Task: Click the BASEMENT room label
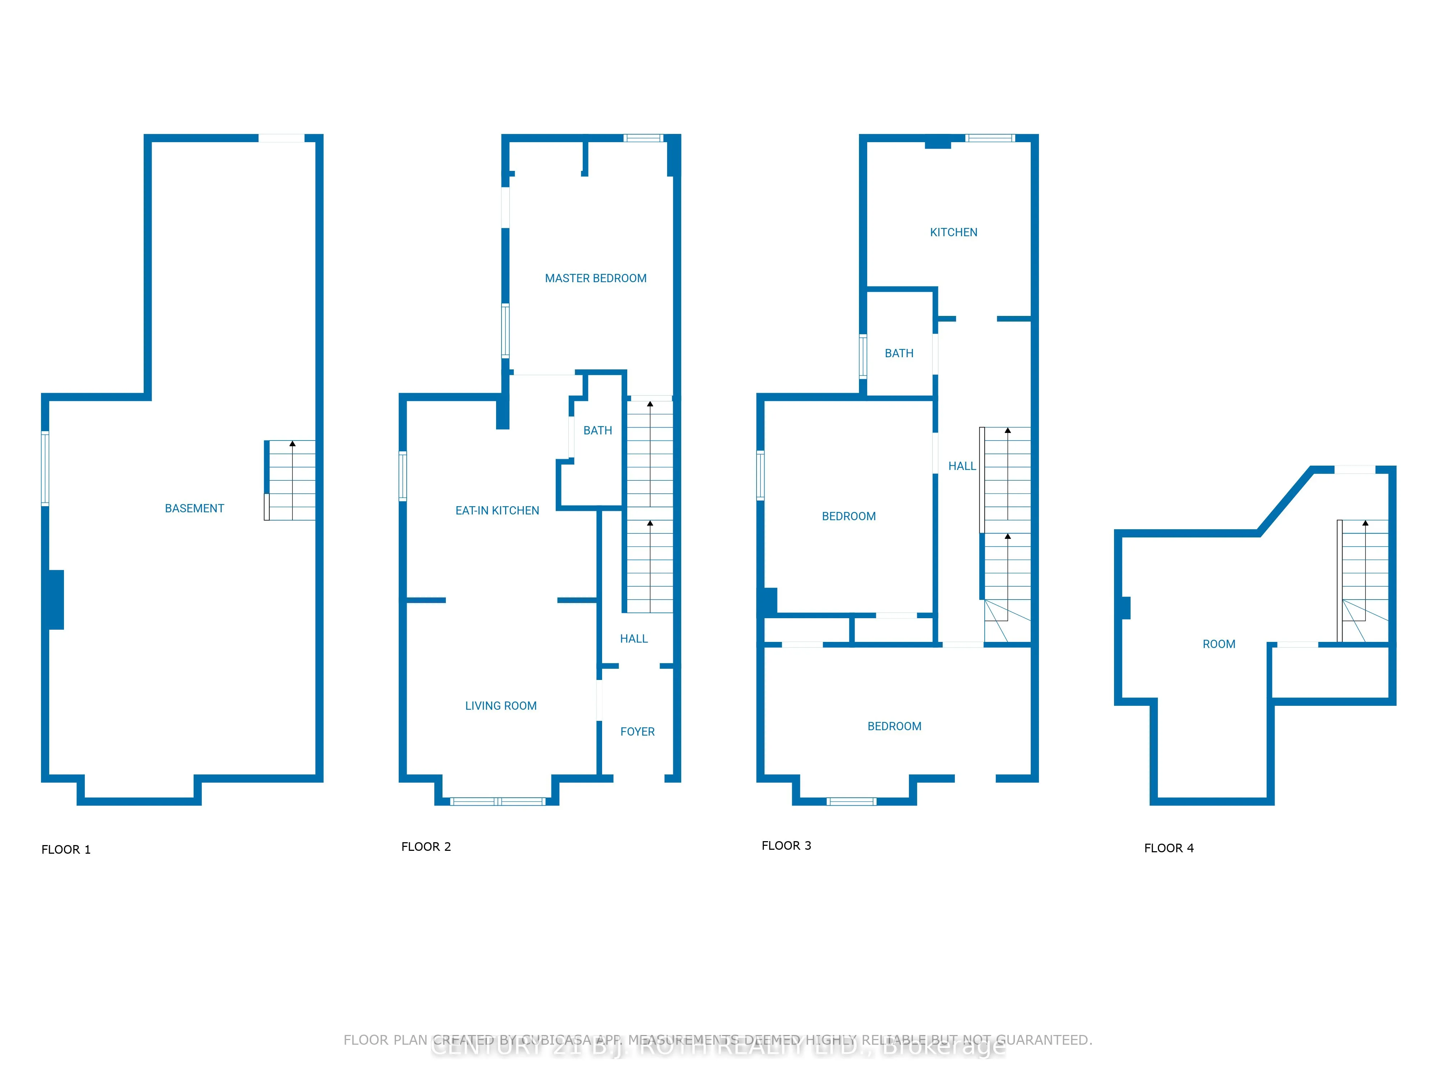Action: coord(194,508)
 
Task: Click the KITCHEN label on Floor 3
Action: coord(953,232)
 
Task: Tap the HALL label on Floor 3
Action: coord(961,466)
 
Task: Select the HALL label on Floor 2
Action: coord(633,639)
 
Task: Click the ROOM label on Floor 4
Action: coord(1218,644)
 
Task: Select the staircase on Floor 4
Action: coord(1364,581)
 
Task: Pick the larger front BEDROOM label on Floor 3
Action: coord(894,727)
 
